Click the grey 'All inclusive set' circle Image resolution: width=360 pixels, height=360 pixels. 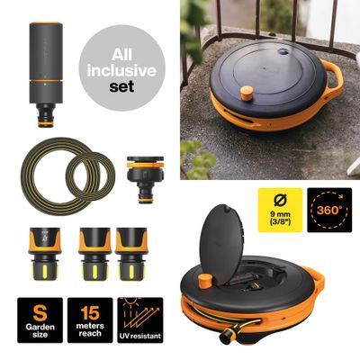122,68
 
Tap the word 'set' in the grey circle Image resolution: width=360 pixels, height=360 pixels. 121,86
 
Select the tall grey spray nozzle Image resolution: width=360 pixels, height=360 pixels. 46,75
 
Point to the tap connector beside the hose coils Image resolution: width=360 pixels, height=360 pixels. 146,179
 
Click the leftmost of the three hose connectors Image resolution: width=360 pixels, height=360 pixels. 45,254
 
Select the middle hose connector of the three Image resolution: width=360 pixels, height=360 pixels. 94,254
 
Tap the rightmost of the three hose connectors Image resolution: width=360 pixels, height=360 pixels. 131,254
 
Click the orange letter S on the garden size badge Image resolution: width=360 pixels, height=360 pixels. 40,313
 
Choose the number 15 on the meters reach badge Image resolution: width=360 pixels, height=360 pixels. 90,313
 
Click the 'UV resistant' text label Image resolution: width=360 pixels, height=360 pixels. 140,336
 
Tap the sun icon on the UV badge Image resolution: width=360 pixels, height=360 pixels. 131,300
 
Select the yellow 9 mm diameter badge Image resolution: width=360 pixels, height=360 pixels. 280,210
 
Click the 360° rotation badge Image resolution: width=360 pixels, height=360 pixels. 329,210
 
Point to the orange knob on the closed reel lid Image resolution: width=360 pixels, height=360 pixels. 247,94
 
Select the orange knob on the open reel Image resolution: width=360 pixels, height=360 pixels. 205,281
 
